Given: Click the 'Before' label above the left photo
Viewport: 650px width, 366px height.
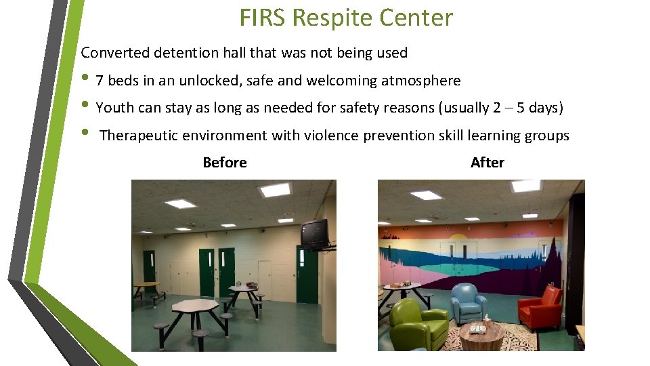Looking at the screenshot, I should pos(225,163).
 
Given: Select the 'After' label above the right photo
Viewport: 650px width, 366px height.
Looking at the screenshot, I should pos(487,163).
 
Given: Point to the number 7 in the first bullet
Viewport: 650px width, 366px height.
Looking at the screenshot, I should pos(100,81).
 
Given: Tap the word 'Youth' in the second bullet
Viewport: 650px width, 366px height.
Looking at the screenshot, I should pos(113,108).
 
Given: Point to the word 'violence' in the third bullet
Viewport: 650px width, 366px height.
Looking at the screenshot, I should pos(332,136).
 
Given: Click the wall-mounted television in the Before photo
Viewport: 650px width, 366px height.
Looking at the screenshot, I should pos(315,234).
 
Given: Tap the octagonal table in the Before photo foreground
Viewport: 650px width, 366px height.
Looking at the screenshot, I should pos(194,307).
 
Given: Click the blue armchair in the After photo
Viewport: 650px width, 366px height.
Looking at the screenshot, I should pos(469,302).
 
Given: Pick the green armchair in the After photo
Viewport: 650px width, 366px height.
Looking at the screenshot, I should pos(418,324).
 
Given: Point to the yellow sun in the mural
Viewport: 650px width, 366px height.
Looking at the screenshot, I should pos(459,238).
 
